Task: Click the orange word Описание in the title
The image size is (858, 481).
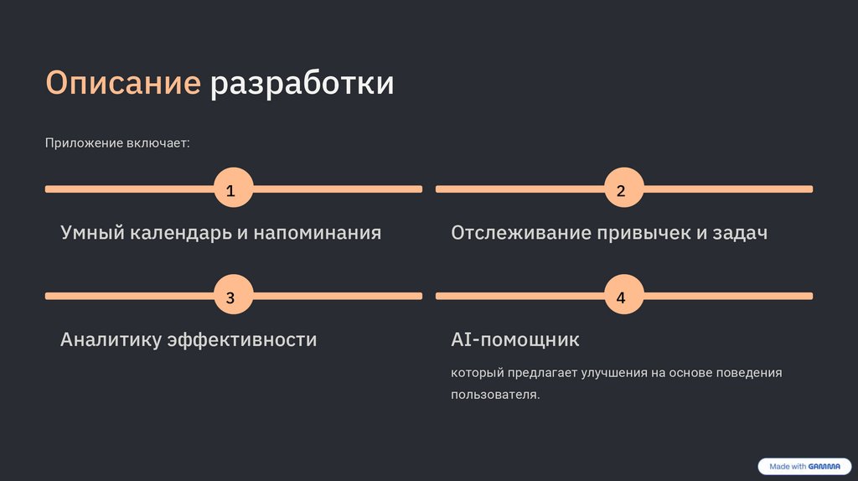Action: tap(122, 84)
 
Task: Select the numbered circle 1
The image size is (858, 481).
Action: tap(231, 190)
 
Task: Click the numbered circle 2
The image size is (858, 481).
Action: tap(622, 190)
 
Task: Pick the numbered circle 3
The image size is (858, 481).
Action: tap(231, 297)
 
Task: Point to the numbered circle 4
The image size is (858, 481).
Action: tap(622, 297)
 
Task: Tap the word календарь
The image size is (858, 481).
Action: tap(179, 233)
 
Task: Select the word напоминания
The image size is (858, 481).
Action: tap(317, 233)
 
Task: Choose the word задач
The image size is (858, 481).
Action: tap(740, 233)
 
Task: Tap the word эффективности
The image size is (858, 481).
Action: tap(242, 340)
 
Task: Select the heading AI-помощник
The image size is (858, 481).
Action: tap(515, 340)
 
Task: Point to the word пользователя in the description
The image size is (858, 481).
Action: tap(494, 395)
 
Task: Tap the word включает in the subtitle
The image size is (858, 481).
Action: tap(158, 143)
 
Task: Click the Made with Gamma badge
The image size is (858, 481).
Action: tap(804, 467)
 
